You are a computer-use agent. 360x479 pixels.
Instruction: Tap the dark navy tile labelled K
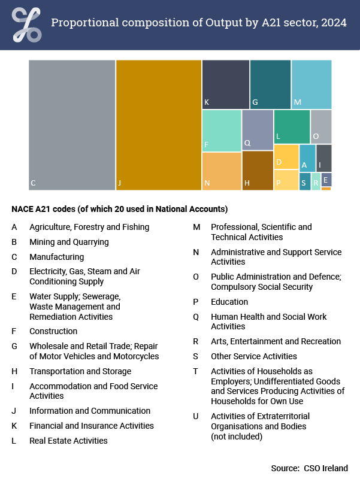coord(226,84)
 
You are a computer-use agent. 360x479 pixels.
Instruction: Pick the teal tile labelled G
coord(270,84)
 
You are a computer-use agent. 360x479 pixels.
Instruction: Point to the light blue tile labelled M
coord(311,84)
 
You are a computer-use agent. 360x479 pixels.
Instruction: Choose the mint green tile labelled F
coord(222,131)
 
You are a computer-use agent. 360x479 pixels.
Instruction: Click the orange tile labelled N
coord(222,171)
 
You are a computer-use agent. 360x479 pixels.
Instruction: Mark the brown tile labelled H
coord(258,171)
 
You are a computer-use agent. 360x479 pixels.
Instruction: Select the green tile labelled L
coord(292,127)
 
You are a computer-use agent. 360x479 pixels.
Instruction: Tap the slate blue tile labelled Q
coord(258,130)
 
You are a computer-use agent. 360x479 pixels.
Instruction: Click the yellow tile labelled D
coord(286,157)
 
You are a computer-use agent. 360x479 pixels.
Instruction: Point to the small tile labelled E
coord(326,180)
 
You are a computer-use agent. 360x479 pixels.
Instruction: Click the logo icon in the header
coord(27,25)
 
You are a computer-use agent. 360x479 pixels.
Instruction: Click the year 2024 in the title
coord(334,23)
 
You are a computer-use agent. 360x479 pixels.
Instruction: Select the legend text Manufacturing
coord(56,257)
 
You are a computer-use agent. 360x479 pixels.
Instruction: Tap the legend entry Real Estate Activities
coord(68,441)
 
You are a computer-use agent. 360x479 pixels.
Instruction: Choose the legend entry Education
coord(229,302)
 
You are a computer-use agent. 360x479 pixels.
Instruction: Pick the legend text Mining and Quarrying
coord(69,242)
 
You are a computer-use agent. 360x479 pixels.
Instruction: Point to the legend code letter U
coord(195,416)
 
